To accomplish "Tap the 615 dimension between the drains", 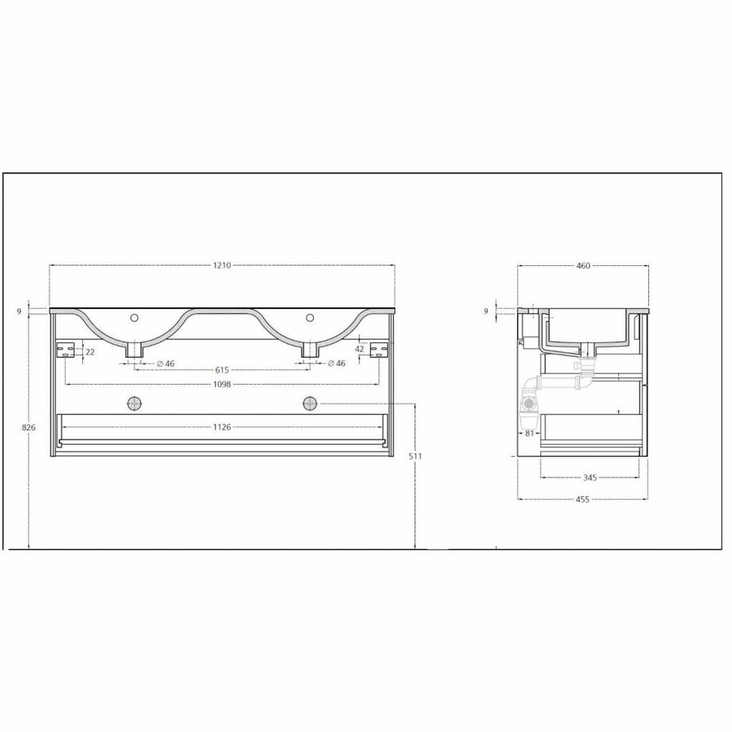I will [x=221, y=370].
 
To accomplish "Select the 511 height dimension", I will [x=416, y=456].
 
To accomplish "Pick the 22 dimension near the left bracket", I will [x=89, y=351].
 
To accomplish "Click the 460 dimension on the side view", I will [x=582, y=265].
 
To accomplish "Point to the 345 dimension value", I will [x=590, y=477].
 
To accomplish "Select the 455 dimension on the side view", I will [x=582, y=499].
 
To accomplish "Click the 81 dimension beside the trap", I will [x=529, y=433].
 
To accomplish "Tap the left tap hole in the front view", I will [x=135, y=317].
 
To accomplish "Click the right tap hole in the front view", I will [x=310, y=317].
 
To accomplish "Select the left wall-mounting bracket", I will [x=64, y=351].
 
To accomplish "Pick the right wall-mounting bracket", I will [x=378, y=351].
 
